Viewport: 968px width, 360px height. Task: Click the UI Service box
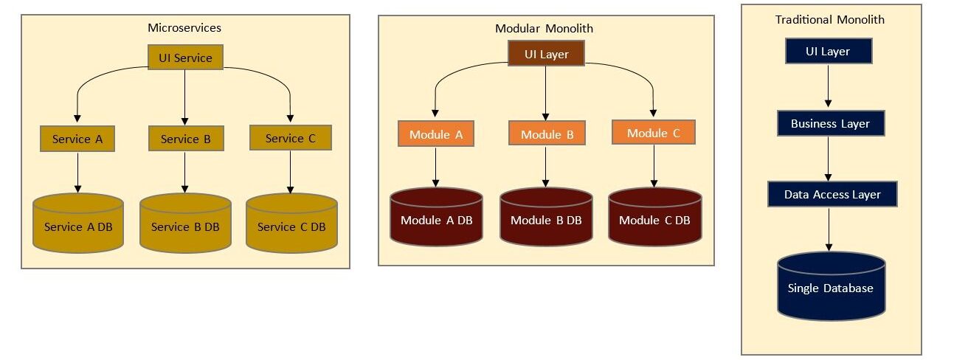point(185,58)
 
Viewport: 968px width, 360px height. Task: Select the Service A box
point(77,139)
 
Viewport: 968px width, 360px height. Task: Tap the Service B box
point(185,139)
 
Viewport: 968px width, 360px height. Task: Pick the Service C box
point(290,138)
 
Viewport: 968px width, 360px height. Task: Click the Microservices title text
point(184,28)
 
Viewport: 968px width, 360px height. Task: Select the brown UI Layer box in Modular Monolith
point(546,54)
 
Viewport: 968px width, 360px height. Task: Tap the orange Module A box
point(435,134)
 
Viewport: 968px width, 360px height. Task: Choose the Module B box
point(547,134)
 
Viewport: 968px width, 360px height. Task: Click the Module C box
point(653,133)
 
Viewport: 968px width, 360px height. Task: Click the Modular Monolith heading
point(544,29)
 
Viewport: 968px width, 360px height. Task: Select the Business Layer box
point(830,123)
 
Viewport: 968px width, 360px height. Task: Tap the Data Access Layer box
point(832,195)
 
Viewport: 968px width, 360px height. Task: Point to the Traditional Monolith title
point(829,20)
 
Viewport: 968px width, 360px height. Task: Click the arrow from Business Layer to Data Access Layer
point(829,159)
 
